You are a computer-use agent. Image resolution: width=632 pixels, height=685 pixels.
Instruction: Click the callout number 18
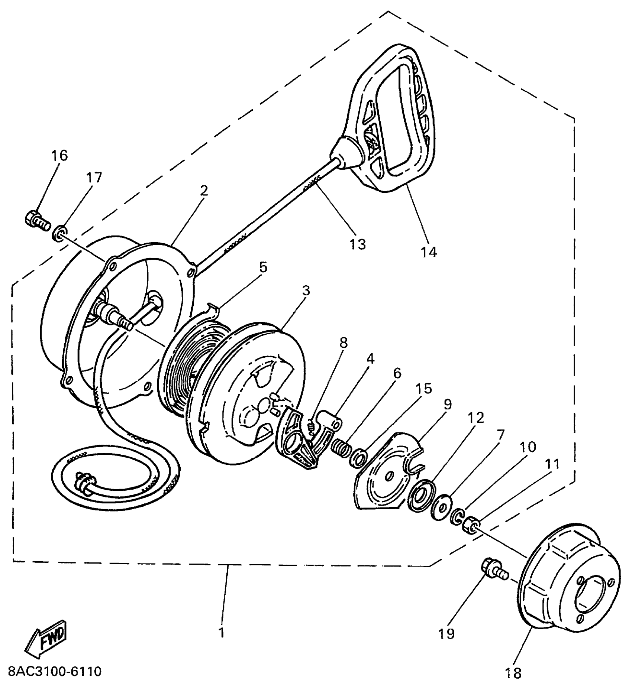[x=513, y=672]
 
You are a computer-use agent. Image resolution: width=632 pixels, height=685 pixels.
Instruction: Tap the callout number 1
[x=222, y=633]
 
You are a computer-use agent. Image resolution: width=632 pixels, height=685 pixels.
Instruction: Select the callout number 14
[x=429, y=252]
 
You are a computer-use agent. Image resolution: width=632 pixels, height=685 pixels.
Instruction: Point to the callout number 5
[x=263, y=267]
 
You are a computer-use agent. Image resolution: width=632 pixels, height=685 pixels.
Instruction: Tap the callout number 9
[x=447, y=404]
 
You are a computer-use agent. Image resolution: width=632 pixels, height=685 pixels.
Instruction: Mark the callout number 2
[x=204, y=191]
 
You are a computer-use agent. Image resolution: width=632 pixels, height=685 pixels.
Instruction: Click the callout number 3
[x=306, y=290]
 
